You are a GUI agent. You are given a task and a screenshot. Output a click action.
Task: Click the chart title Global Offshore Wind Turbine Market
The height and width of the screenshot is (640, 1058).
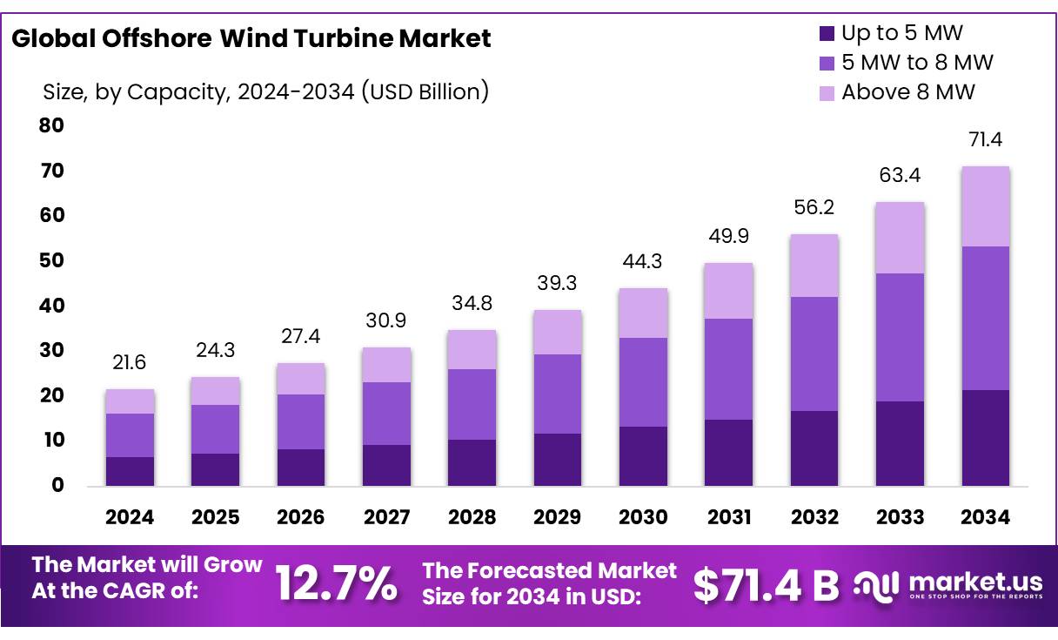[x=251, y=38]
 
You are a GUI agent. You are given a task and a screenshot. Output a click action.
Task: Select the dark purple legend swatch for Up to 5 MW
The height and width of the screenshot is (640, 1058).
[x=826, y=34]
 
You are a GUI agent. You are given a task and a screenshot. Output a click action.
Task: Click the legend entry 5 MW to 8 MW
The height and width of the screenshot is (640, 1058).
[x=916, y=63]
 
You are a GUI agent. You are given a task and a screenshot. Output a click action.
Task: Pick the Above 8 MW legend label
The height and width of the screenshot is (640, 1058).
[x=907, y=91]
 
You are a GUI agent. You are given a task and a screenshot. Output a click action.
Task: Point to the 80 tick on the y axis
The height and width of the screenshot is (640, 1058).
[x=51, y=125]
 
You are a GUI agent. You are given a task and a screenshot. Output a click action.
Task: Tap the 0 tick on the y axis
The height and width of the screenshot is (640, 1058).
[x=57, y=485]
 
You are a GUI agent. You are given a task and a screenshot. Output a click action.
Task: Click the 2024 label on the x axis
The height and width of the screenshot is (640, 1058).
[x=130, y=517]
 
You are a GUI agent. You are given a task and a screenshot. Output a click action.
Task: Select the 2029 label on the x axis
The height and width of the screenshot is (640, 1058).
[x=558, y=517]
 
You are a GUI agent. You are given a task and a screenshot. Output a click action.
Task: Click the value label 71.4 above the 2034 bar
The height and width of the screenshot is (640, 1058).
[x=985, y=139]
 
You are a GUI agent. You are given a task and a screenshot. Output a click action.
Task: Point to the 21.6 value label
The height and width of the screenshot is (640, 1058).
[x=130, y=362]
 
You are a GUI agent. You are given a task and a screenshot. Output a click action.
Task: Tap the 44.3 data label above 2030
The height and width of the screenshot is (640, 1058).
[x=643, y=261]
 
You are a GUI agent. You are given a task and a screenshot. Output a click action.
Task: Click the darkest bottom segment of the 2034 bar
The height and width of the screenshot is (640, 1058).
[x=985, y=437]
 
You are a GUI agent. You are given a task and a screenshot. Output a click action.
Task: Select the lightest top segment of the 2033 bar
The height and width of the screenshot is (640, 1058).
[x=900, y=238]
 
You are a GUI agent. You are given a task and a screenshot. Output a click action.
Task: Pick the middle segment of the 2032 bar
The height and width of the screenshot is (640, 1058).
[x=814, y=354]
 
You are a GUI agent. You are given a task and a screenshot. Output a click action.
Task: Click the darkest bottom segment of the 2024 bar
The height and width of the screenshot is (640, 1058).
[x=130, y=471]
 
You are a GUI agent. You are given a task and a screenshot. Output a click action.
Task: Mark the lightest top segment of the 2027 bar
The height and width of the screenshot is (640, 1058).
[x=386, y=365]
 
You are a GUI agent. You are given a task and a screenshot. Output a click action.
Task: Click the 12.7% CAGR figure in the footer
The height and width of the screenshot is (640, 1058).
[x=336, y=583]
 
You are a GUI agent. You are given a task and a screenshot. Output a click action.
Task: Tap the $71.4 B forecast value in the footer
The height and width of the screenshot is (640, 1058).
[x=766, y=585]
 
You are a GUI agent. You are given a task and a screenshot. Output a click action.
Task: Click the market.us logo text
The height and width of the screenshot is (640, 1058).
[x=974, y=581]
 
